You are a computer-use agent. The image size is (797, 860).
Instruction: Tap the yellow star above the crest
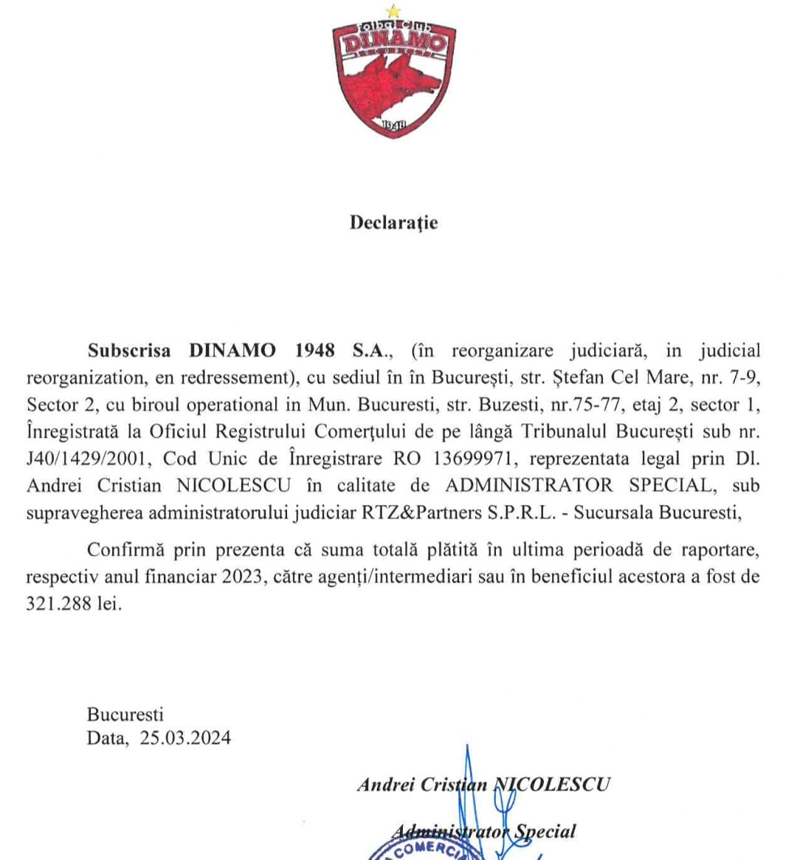(x=394, y=11)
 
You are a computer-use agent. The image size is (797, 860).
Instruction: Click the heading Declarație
(x=394, y=222)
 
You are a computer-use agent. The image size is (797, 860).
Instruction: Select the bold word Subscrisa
(x=129, y=351)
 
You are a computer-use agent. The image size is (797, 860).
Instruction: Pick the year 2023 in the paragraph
(x=243, y=577)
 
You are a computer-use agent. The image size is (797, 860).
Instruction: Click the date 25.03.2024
(x=185, y=737)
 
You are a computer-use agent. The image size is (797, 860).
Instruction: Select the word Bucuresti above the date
(x=125, y=714)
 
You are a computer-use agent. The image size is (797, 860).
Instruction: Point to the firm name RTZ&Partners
(x=421, y=512)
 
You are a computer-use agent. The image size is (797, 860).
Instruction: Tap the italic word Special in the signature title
(x=545, y=831)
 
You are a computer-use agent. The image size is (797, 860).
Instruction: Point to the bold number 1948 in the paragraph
(x=314, y=351)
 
